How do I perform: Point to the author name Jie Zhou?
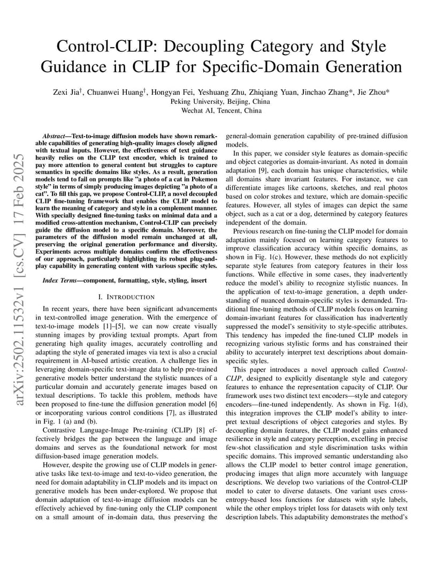click(373, 92)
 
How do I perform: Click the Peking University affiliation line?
click(221, 101)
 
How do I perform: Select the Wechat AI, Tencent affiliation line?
click(221, 110)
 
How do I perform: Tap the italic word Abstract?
click(56, 137)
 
